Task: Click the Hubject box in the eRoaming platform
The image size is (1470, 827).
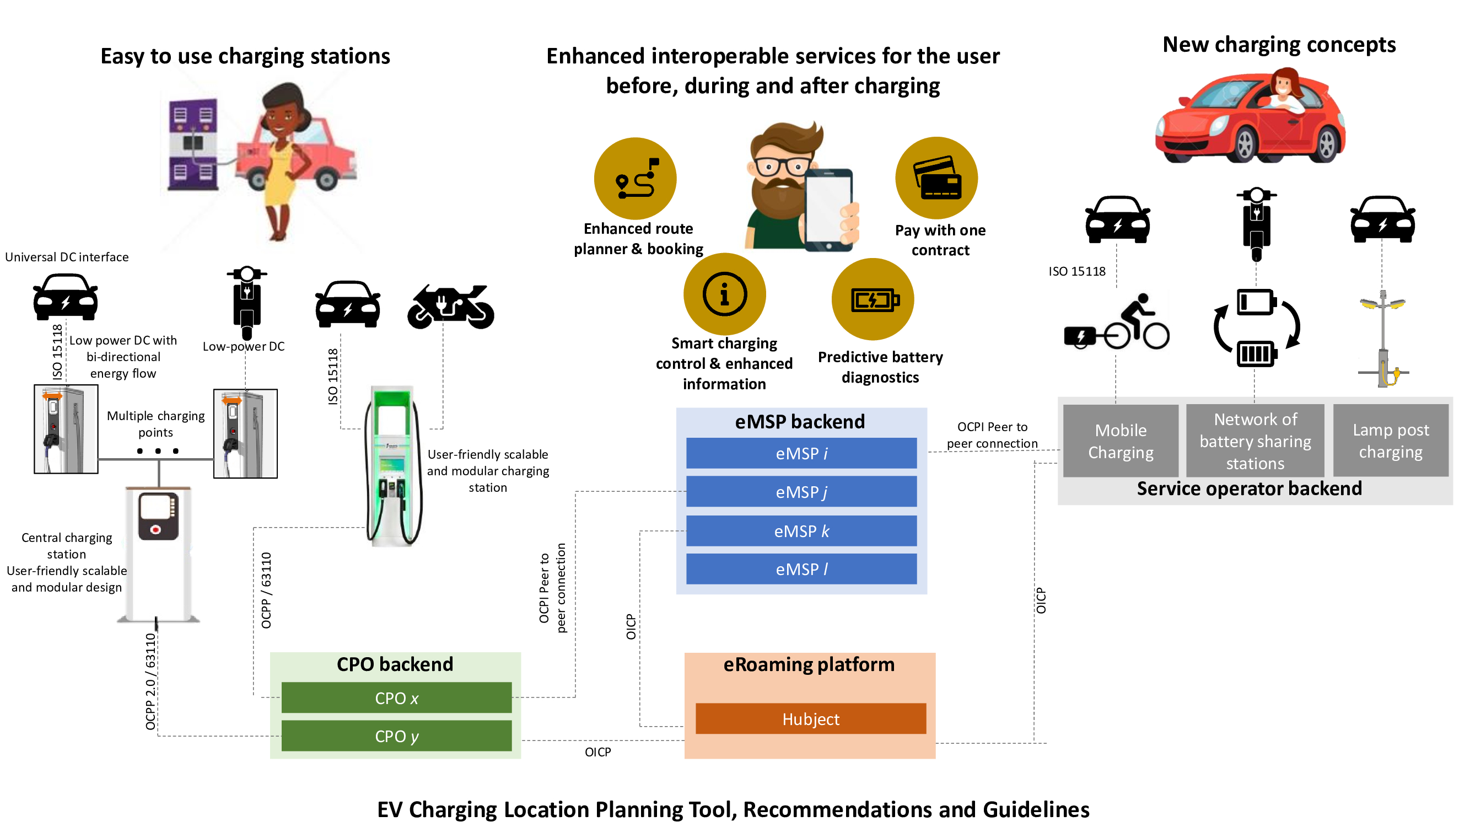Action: point(810,718)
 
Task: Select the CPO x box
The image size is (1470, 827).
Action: point(397,697)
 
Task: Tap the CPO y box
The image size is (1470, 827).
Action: point(397,735)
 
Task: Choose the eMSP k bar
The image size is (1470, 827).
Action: point(801,531)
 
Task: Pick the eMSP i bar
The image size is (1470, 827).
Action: point(801,453)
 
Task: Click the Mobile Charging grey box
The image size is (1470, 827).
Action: point(1120,441)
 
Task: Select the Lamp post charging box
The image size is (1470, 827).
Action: point(1390,441)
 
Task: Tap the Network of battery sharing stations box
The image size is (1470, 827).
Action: point(1255,441)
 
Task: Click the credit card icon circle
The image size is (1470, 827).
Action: point(936,178)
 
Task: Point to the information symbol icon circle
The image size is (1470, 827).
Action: point(725,294)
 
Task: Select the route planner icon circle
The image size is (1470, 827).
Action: point(635,179)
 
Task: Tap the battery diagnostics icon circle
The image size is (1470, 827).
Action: point(873,299)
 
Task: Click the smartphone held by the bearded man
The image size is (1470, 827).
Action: point(828,210)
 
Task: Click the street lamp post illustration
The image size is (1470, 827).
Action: point(1383,340)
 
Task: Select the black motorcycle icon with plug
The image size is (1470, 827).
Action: point(450,307)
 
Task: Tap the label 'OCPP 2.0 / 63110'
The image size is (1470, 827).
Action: point(150,681)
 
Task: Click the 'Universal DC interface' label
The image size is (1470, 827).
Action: point(67,257)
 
